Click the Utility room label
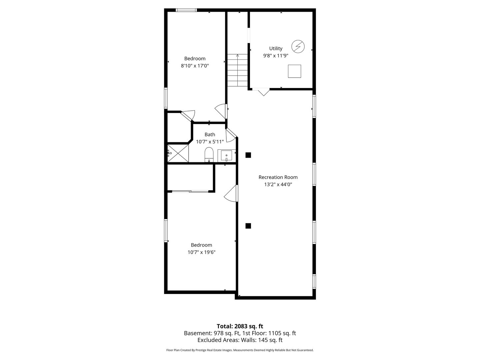point(276,48)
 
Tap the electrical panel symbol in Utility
point(298,46)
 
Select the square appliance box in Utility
point(294,71)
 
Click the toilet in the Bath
point(209,155)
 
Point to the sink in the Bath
point(226,156)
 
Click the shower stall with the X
point(178,153)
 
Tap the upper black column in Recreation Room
point(248,155)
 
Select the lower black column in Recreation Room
point(248,226)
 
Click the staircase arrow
point(237,70)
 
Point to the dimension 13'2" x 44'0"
point(278,184)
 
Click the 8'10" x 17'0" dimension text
point(195,66)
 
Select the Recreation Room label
point(278,177)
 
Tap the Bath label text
point(210,134)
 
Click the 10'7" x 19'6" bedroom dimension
point(201,252)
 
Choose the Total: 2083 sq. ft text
point(240,326)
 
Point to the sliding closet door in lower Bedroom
point(190,191)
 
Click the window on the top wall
point(186,10)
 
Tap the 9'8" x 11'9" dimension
point(276,56)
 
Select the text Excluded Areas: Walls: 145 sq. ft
point(240,340)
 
